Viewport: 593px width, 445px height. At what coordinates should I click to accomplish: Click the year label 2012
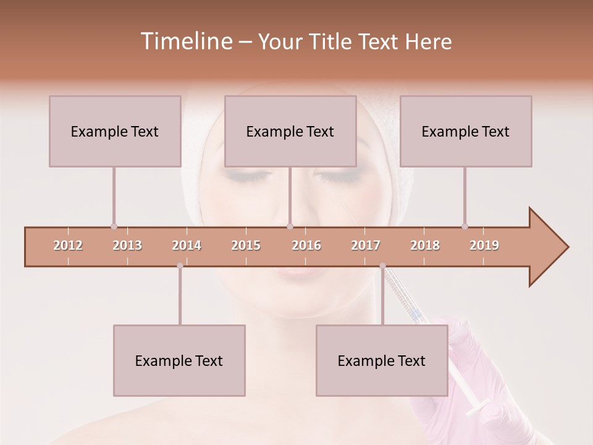pos(68,245)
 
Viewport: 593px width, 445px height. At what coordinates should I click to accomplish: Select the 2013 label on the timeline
pos(127,245)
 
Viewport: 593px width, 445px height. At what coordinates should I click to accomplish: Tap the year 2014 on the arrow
pos(187,245)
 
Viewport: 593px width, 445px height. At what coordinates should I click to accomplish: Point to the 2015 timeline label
pos(246,245)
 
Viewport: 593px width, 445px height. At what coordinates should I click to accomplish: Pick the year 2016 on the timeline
pos(306,245)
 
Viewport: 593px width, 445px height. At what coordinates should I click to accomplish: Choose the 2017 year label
pos(366,245)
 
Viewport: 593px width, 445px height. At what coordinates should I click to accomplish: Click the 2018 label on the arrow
pos(425,245)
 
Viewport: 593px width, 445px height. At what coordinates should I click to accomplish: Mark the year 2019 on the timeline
pos(484,245)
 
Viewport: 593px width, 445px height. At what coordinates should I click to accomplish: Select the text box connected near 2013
pos(115,131)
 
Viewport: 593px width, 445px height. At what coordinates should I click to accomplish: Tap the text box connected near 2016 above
pos(290,131)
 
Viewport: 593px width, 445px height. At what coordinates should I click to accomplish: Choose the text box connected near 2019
pos(466,131)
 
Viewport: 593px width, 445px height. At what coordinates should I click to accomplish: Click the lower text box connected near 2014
pos(179,360)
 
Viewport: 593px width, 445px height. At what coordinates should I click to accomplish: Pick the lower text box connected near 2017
pos(382,360)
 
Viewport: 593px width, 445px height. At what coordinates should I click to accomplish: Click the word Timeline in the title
pos(185,41)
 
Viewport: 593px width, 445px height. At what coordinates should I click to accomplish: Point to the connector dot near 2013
pos(114,226)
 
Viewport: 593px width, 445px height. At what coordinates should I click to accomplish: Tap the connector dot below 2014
pos(180,266)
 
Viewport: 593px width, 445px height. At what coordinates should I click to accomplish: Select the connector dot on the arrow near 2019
pos(465,226)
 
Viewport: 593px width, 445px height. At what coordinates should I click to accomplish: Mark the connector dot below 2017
pos(382,266)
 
